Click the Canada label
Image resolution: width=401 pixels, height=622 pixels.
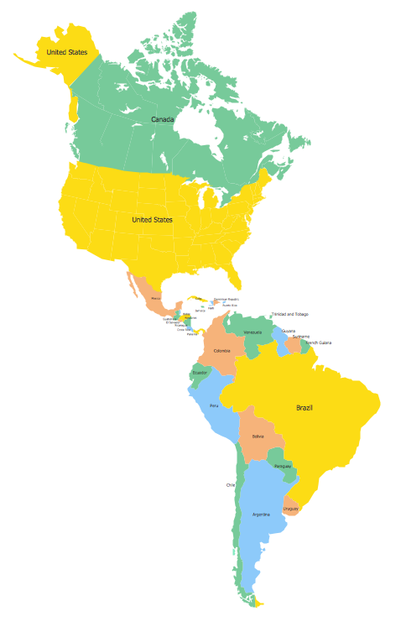tap(163, 119)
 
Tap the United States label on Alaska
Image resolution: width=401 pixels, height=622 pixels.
tap(66, 52)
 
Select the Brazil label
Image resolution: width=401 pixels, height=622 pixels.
tap(305, 408)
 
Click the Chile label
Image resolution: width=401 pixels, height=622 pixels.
tap(231, 485)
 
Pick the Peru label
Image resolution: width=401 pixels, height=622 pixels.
tap(214, 405)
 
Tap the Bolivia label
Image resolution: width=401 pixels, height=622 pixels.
tap(258, 437)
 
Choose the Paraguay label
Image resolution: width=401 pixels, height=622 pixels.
tap(282, 466)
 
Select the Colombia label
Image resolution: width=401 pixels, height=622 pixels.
tap(221, 350)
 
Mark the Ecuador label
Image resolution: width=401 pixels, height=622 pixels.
tap(200, 372)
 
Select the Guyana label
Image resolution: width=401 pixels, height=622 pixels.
tap(288, 331)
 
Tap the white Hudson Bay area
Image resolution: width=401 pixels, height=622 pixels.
tap(195, 133)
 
